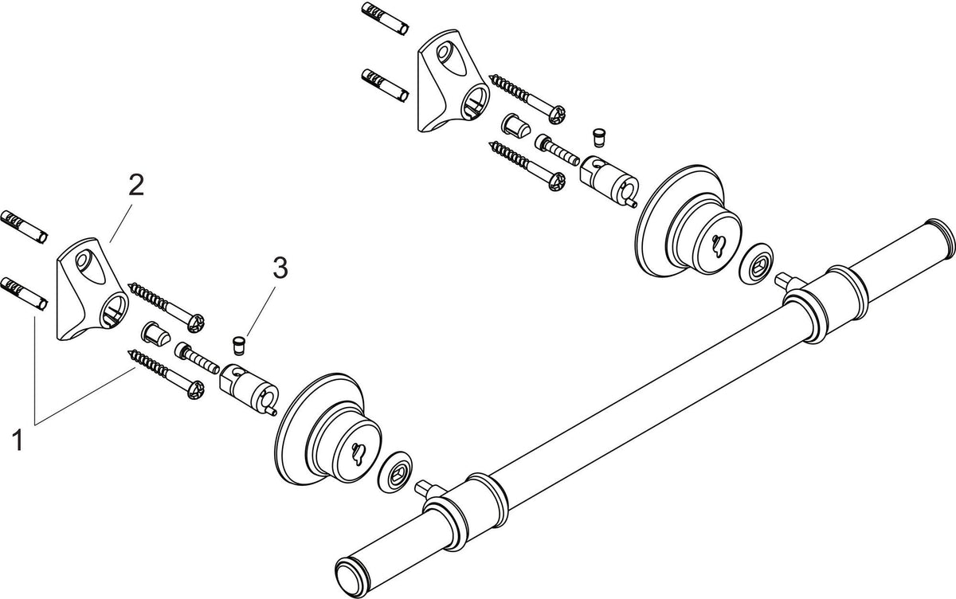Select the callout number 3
coord(280,268)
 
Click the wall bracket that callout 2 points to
coord(92,289)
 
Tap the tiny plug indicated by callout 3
coord(238,346)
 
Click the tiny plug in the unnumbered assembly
coord(599,137)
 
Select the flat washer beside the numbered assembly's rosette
coord(395,472)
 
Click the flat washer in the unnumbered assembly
coord(755,263)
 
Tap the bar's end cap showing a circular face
coord(352,579)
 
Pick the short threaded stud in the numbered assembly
coord(197,358)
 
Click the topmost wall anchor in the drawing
coord(386,18)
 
